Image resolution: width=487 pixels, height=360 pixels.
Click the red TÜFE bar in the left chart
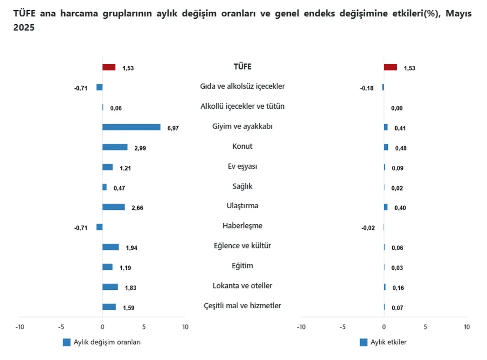pyautogui.click(x=109, y=67)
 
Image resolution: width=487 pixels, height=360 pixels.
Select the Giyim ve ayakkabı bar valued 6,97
pyautogui.click(x=131, y=127)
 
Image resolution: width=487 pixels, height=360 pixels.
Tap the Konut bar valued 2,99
pyautogui.click(x=115, y=147)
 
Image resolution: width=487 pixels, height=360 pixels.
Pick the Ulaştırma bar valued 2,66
pyautogui.click(x=113, y=207)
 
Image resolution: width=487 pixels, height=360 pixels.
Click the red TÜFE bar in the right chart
pyautogui.click(x=390, y=67)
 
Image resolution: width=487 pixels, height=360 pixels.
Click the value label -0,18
pyautogui.click(x=367, y=88)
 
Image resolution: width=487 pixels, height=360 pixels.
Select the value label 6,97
pyautogui.click(x=173, y=128)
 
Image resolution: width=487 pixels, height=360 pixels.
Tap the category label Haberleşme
pyautogui.click(x=242, y=226)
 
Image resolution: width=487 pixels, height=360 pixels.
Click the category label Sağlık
pyautogui.click(x=242, y=186)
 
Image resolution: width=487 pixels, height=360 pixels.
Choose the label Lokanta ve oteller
pyautogui.click(x=242, y=285)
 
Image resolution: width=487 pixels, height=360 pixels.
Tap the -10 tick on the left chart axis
pyautogui.click(x=19, y=327)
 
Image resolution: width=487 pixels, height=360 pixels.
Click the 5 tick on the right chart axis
pyautogui.click(x=425, y=327)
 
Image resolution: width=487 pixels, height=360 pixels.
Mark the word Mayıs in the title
pyautogui.click(x=458, y=14)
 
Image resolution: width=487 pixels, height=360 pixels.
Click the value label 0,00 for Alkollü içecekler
pyautogui.click(x=397, y=108)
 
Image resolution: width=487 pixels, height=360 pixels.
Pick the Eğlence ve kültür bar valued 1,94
pyautogui.click(x=110, y=247)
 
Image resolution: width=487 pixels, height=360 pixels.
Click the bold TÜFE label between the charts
pyautogui.click(x=242, y=67)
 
